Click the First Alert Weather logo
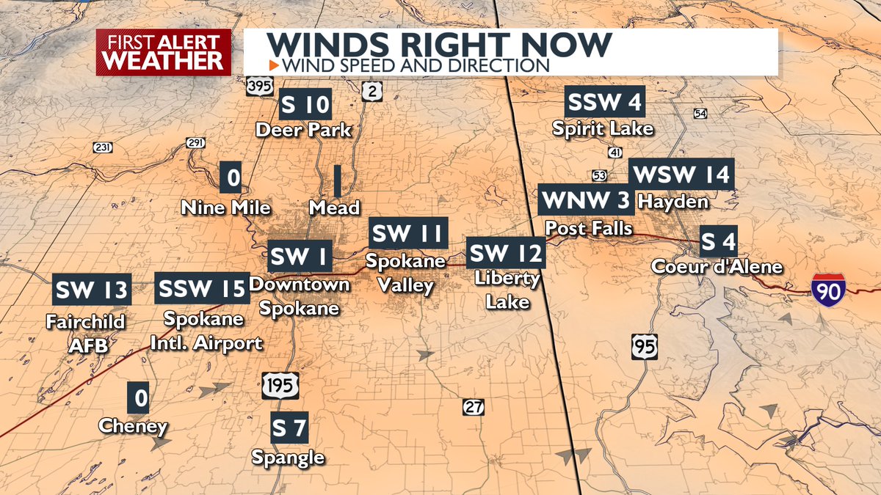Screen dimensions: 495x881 pyautogui.click(x=163, y=52)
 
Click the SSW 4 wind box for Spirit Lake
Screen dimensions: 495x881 pyautogui.click(x=604, y=102)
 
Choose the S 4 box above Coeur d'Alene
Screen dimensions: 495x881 pyautogui.click(x=717, y=241)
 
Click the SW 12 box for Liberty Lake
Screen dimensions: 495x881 pyautogui.click(x=506, y=254)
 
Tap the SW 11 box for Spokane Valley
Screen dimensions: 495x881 pyautogui.click(x=407, y=234)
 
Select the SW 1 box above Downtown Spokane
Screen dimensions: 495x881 pyautogui.click(x=299, y=257)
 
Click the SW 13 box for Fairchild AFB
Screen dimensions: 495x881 pyautogui.click(x=92, y=290)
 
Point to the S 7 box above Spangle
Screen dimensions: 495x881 pyautogui.click(x=289, y=428)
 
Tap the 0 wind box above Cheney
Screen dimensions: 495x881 pyautogui.click(x=139, y=399)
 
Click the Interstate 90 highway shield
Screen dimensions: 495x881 pyautogui.click(x=828, y=287)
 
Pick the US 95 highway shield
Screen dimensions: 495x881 pyautogui.click(x=644, y=345)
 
